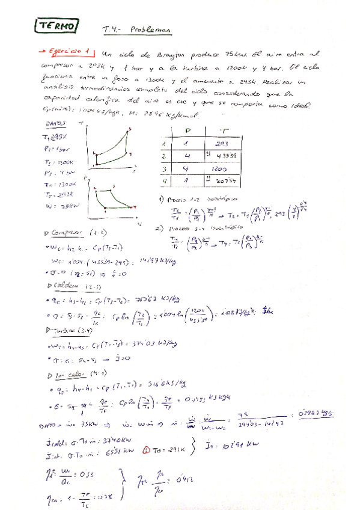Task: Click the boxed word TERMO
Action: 57,26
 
